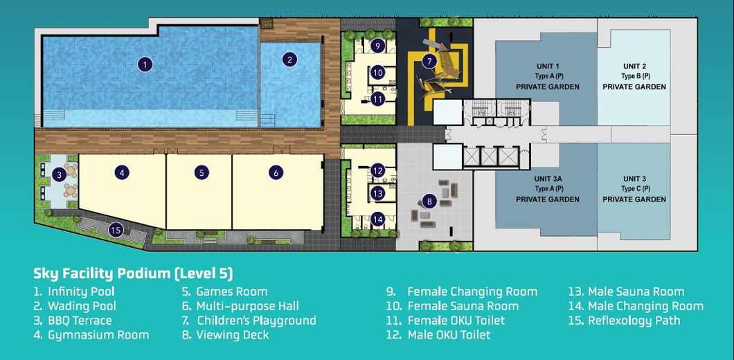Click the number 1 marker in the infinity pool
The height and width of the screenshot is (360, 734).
click(x=145, y=64)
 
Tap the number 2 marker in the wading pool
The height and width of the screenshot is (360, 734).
click(x=290, y=60)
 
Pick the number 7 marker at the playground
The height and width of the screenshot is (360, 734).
click(x=429, y=60)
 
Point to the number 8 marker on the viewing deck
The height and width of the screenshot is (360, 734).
click(x=429, y=201)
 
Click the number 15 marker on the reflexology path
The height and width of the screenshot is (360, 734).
click(x=116, y=230)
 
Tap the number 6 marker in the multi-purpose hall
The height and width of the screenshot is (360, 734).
click(x=276, y=173)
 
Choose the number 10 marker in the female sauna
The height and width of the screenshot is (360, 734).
click(x=378, y=73)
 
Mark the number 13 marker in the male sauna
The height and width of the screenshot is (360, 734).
click(x=378, y=193)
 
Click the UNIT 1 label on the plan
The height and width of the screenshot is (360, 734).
click(x=548, y=66)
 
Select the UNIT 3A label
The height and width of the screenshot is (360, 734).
click(x=548, y=179)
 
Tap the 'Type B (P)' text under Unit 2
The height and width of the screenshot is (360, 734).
click(x=635, y=76)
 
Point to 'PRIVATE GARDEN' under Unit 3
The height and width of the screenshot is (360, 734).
click(x=634, y=199)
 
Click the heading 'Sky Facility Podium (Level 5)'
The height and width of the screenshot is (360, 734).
click(x=133, y=273)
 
